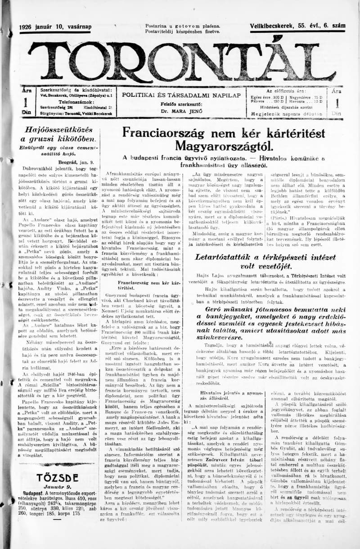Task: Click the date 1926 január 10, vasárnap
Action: [x=55, y=27]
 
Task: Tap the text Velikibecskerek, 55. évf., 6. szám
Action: [x=297, y=27]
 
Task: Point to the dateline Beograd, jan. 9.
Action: [x=75, y=162]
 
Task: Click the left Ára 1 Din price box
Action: [x=27, y=101]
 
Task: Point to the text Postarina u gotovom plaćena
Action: [x=182, y=27]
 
